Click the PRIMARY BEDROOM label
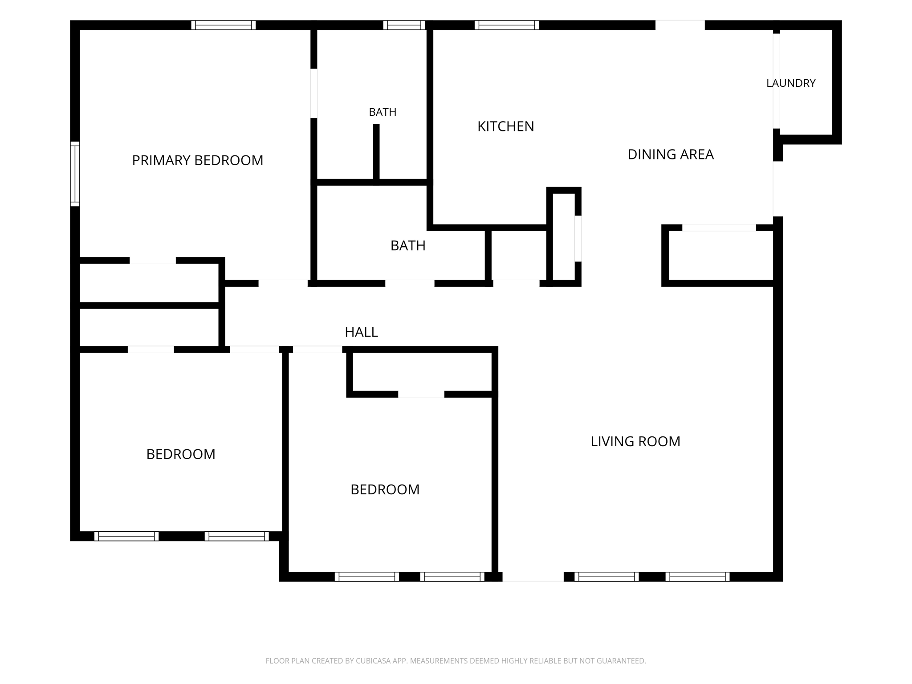point(198,160)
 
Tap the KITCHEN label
point(505,126)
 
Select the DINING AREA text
point(671,155)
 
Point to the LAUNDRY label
point(791,83)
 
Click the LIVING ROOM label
point(635,441)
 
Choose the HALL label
point(361,332)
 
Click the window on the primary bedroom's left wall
point(75,174)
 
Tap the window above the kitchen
point(507,25)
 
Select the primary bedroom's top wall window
point(224,25)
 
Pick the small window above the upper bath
point(404,25)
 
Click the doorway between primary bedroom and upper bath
point(314,94)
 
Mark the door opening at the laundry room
point(776,81)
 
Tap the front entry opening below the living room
point(533,577)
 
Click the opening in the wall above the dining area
point(680,25)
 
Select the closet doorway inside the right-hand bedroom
point(421,394)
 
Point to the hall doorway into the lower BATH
point(410,283)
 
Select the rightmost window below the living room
point(698,577)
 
